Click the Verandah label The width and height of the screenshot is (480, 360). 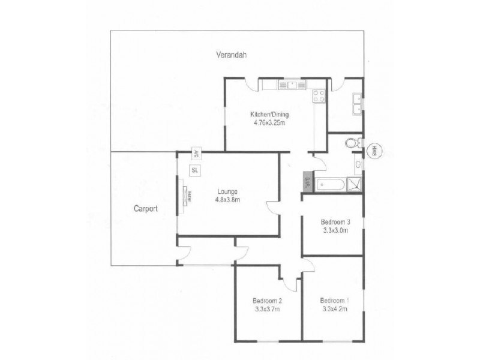point(232,55)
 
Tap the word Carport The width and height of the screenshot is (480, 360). point(146,209)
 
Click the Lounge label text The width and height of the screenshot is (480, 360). point(227,191)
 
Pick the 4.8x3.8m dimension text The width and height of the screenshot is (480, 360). point(227,200)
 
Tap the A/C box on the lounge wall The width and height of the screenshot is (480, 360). point(196,152)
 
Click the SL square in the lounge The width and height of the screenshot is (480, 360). point(195,170)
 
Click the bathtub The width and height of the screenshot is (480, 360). point(332,184)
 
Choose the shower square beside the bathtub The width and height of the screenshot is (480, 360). point(356,184)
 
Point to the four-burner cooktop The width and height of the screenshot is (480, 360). point(318,97)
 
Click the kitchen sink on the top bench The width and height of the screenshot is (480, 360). point(292,85)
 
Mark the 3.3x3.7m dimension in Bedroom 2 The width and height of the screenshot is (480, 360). point(266,309)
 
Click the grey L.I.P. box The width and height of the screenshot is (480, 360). point(306,182)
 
